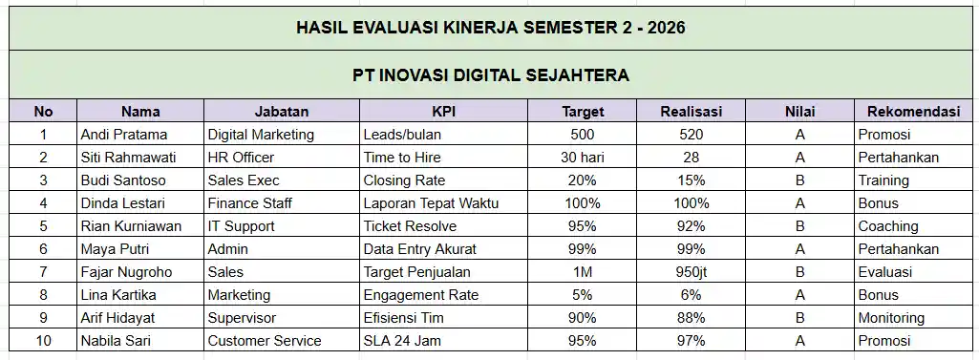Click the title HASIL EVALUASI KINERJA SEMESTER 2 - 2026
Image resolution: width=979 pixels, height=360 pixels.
(x=491, y=27)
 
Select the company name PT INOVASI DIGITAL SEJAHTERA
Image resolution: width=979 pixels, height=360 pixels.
(x=491, y=74)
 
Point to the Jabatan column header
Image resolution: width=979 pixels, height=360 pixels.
(x=282, y=112)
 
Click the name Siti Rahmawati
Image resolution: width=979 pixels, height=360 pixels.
(x=127, y=158)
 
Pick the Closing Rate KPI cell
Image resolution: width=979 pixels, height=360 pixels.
(x=404, y=180)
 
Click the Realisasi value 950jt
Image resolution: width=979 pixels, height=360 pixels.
(x=692, y=272)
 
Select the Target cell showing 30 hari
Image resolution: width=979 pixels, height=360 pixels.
(x=583, y=158)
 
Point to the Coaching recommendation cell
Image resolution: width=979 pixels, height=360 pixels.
(x=888, y=226)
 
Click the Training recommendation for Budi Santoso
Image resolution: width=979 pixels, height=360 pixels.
(x=883, y=180)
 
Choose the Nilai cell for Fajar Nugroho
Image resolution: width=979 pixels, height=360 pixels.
(x=800, y=272)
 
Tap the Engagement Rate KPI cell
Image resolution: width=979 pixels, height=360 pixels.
(x=421, y=295)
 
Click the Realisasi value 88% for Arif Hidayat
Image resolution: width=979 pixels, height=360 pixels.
(x=692, y=318)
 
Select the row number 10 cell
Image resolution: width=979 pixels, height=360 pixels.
(x=43, y=341)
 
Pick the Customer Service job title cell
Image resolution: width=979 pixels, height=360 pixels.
(x=265, y=341)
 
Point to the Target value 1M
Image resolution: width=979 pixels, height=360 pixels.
(x=583, y=272)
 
